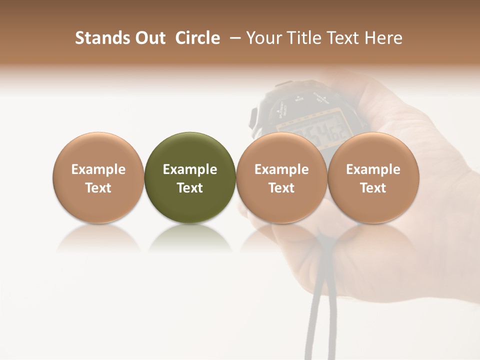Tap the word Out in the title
coord(149,38)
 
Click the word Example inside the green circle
coord(190,169)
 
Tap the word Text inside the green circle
coord(190,188)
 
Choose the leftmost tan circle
coord(98,150)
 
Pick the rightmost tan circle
coord(373,150)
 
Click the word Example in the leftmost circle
coord(98,169)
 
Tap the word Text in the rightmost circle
coord(373,188)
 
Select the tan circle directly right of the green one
coord(281,150)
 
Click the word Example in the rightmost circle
coord(373,169)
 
